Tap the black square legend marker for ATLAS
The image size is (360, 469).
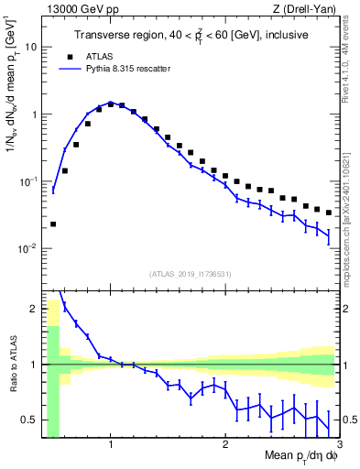coord(64,55)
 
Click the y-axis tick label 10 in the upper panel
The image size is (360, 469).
coord(31,46)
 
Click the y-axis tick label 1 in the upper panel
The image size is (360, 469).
coord(34,115)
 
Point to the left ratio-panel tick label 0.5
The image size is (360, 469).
coord(29,420)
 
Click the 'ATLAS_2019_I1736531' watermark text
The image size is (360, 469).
coord(190,275)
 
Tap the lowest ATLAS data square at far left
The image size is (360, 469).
coord(53,224)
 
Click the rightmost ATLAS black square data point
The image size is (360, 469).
coord(329,213)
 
